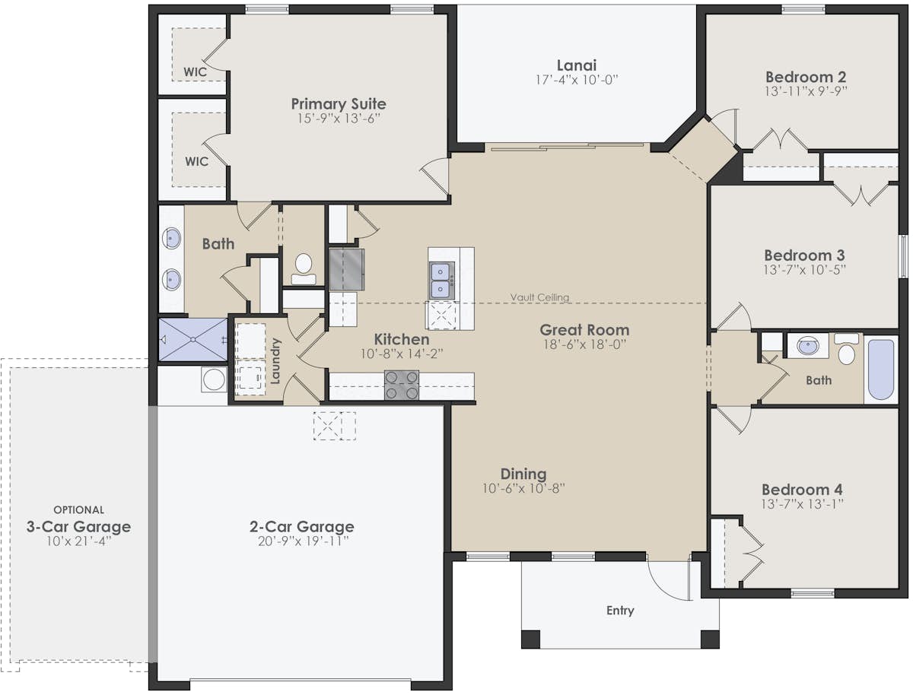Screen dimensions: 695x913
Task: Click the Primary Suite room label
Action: pos(339,104)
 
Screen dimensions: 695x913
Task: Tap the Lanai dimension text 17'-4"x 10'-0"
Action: pos(576,79)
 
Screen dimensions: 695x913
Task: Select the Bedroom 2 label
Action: pos(806,77)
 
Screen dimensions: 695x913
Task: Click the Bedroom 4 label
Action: pos(802,490)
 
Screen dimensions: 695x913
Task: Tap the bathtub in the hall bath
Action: pos(881,369)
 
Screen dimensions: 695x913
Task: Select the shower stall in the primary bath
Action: pos(193,339)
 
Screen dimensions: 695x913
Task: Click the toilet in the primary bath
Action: pos(304,266)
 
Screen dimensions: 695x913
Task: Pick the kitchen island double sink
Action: pos(441,280)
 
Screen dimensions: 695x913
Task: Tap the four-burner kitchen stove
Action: pos(401,385)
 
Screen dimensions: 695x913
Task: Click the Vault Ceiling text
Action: pos(539,297)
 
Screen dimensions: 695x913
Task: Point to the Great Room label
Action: pos(584,330)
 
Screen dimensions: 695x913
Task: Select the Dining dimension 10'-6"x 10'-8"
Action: pos(523,488)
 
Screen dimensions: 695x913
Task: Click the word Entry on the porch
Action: pos(620,610)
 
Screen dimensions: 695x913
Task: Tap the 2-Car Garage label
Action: pos(301,526)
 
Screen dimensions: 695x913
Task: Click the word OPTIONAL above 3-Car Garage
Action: pos(78,509)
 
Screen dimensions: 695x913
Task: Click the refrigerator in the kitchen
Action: pos(346,268)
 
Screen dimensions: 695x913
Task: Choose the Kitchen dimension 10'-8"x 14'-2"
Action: pos(401,354)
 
